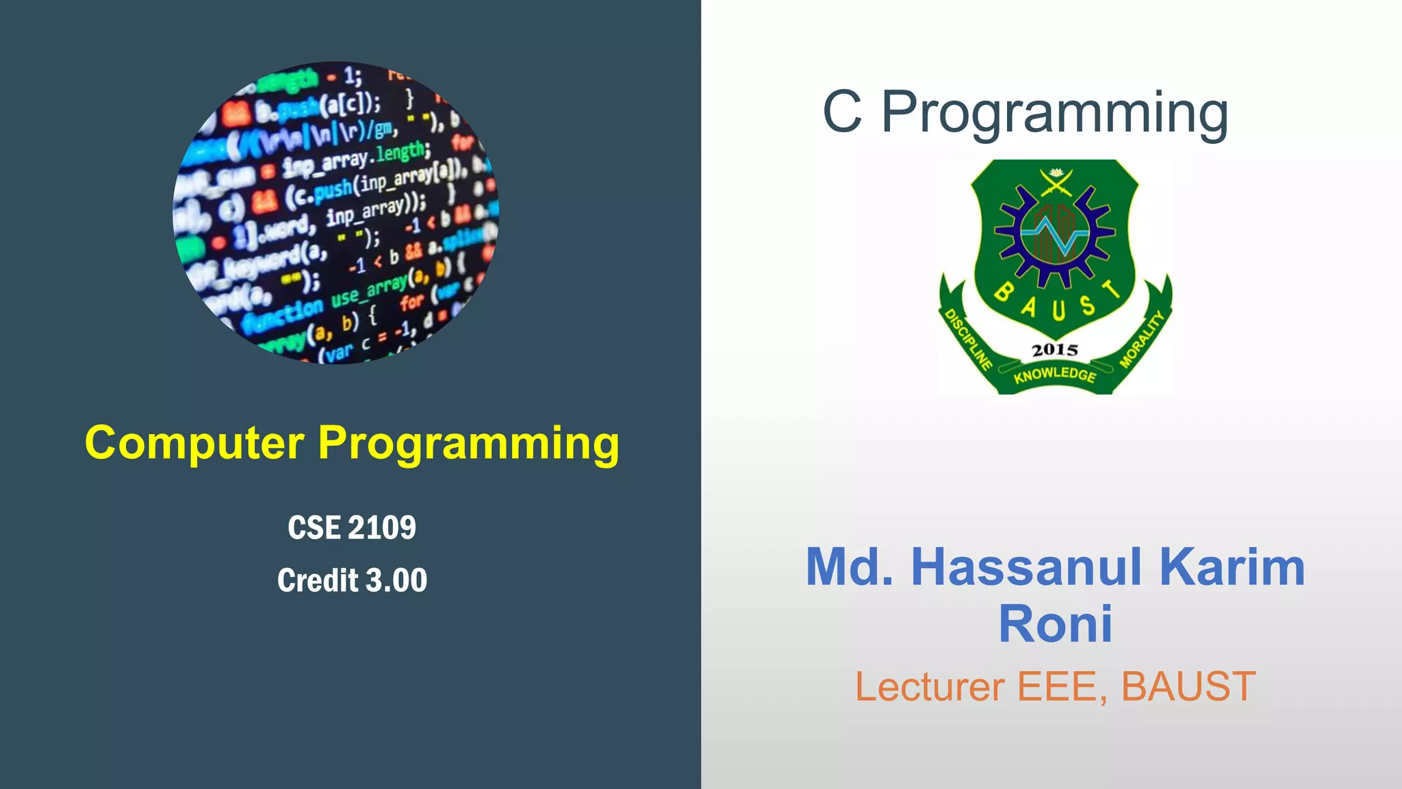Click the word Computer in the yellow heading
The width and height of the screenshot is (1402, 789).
click(x=194, y=443)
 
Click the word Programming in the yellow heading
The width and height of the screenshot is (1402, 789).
click(x=469, y=444)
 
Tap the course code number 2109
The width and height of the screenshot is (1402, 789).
click(x=382, y=528)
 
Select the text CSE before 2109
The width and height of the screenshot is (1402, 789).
click(x=314, y=528)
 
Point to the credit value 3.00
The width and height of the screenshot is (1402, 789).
click(x=396, y=581)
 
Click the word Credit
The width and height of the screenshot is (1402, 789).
click(x=318, y=581)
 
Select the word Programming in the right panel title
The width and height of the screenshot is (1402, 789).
click(x=1054, y=113)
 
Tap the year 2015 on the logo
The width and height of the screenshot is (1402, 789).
click(x=1054, y=350)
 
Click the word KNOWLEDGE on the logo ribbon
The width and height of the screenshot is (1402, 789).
click(x=1055, y=375)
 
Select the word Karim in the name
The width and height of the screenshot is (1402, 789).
click(x=1232, y=567)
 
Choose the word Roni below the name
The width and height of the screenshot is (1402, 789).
click(x=1055, y=625)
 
